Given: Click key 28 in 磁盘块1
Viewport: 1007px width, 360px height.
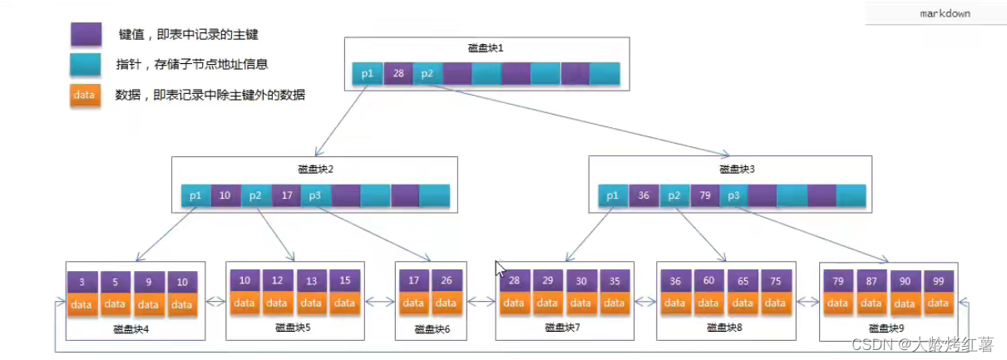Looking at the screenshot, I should pos(398,74).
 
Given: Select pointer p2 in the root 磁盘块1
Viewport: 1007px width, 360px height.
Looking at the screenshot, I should pos(427,74).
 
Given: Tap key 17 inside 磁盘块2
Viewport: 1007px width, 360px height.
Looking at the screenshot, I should pos(286,196).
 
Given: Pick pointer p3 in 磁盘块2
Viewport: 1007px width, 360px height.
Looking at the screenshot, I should pos(315,196).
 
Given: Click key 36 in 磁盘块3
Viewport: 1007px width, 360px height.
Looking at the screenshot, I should pos(644,196).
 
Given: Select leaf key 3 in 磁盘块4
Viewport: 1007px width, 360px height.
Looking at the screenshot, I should pos(82,283).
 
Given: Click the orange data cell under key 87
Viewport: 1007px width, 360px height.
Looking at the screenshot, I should pos(871,303).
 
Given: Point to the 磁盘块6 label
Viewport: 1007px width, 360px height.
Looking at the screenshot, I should pos(432,330).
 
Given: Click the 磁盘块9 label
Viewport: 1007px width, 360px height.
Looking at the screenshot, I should pos(887,328).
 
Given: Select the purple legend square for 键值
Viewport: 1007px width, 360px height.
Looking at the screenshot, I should pos(86,35).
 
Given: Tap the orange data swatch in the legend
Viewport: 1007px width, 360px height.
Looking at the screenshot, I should pos(85,95).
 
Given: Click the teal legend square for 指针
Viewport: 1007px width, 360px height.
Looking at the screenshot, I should pos(86,64).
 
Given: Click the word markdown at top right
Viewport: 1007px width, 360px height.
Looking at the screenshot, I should pos(945,13).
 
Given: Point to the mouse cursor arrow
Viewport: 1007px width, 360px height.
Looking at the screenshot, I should pos(499,268).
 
